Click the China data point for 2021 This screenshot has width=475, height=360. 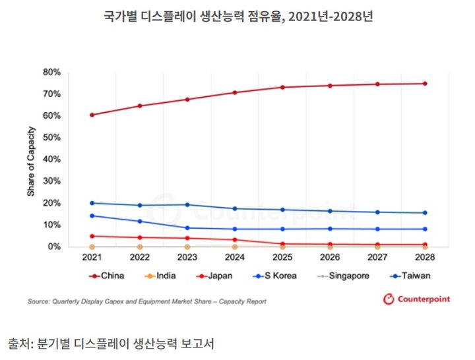92,115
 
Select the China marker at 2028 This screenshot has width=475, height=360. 425,84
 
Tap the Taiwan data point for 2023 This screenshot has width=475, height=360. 187,204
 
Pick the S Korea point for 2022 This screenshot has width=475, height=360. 140,222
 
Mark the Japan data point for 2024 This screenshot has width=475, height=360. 235,240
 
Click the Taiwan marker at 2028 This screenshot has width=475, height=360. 425,212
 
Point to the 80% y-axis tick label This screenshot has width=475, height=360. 51,72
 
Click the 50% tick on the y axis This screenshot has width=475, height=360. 51,137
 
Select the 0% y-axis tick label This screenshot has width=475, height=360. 54,247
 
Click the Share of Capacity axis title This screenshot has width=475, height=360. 31,159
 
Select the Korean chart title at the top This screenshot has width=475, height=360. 238,15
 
